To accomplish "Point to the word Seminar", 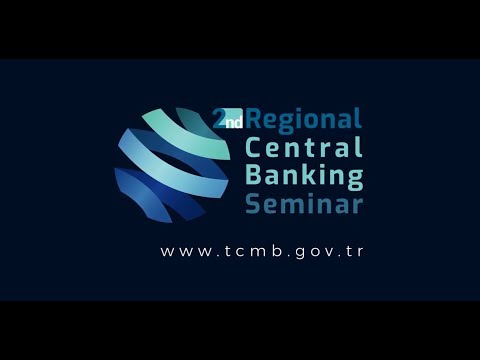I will pyautogui.click(x=304, y=204).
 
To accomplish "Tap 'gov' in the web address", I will pyautogui.click(x=305, y=251).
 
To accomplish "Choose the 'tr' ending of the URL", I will pyautogui.click(x=353, y=251).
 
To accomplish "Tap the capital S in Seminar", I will pyautogui.click(x=254, y=204).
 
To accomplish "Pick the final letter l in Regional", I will pyautogui.click(x=357, y=120).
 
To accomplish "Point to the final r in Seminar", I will pyautogui.click(x=357, y=205).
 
